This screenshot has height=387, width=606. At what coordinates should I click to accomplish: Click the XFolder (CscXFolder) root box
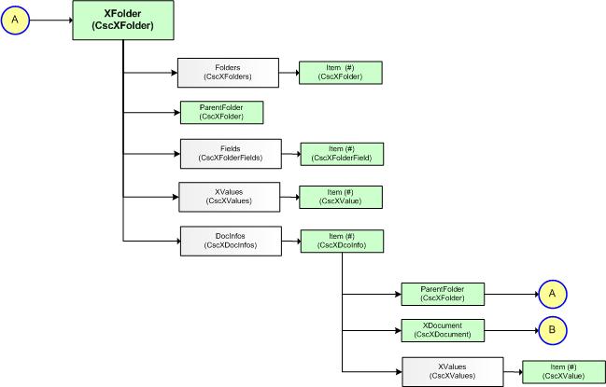click(123, 20)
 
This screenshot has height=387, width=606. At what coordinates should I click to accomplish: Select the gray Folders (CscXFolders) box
click(228, 73)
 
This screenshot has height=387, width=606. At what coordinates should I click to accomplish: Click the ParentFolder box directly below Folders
click(222, 113)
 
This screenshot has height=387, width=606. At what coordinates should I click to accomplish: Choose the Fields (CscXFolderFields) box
click(231, 153)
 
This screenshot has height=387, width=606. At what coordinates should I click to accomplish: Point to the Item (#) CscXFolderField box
click(342, 153)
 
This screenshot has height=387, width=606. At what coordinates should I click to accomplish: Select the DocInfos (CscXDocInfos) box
click(230, 241)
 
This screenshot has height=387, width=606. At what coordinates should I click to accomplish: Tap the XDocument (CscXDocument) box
click(443, 328)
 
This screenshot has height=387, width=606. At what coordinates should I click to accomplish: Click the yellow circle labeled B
click(551, 328)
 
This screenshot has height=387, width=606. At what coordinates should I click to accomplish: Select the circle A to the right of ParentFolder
click(551, 294)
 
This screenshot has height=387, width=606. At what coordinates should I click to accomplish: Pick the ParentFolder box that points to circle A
click(443, 294)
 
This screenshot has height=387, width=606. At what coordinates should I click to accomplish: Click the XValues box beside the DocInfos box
click(229, 197)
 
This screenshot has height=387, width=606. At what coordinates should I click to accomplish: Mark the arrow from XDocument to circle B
click(510, 328)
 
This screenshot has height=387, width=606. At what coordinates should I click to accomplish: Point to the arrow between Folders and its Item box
click(288, 73)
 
